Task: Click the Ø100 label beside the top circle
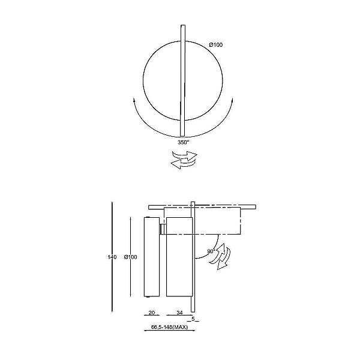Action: pyautogui.click(x=215, y=45)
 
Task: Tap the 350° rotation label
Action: pyautogui.click(x=184, y=142)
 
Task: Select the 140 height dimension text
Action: pyautogui.click(x=112, y=257)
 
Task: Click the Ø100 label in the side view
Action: pyautogui.click(x=130, y=257)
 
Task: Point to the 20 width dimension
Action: pyautogui.click(x=152, y=313)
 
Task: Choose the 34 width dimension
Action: pyautogui.click(x=179, y=313)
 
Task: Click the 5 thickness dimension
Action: pyautogui.click(x=193, y=319)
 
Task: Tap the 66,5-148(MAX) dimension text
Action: pyautogui.click(x=169, y=327)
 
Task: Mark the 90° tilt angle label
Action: pyautogui.click(x=211, y=251)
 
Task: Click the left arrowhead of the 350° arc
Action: pyautogui.click(x=134, y=100)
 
